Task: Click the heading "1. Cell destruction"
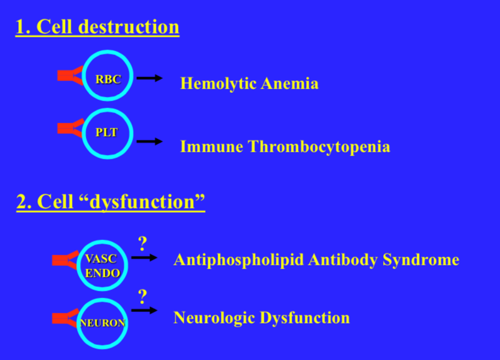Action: pyautogui.click(x=97, y=27)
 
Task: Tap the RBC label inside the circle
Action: pyautogui.click(x=108, y=79)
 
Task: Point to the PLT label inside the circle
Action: pyautogui.click(x=107, y=133)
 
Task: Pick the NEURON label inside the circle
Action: pyautogui.click(x=103, y=322)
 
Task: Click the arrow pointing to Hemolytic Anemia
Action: pyautogui.click(x=150, y=78)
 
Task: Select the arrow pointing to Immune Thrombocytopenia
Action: pyautogui.click(x=150, y=141)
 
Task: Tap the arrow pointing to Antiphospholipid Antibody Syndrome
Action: pyautogui.click(x=144, y=257)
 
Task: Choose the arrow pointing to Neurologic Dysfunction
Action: pyautogui.click(x=144, y=310)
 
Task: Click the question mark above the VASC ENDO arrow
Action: pyautogui.click(x=143, y=242)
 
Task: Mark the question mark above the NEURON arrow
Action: pyautogui.click(x=143, y=296)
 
